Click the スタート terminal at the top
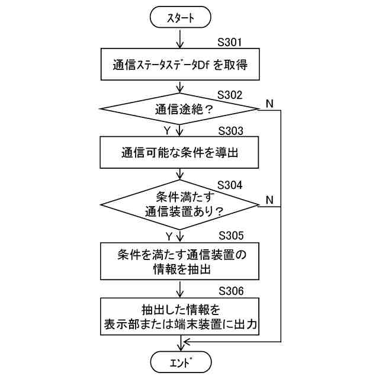click(x=180, y=18)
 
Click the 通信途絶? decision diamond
click(x=180, y=109)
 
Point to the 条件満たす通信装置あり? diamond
click(x=180, y=203)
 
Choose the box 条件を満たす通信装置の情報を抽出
click(x=180, y=261)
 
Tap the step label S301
click(x=231, y=43)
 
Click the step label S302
click(x=231, y=95)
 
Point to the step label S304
click(x=231, y=184)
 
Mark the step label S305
click(x=231, y=235)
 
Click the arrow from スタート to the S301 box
click(x=180, y=38)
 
